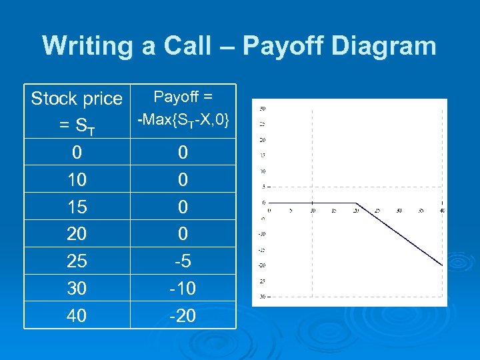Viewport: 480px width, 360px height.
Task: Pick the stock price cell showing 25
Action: point(77,261)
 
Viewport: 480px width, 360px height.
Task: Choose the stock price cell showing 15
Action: point(77,207)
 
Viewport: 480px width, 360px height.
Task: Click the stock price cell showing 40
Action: point(77,315)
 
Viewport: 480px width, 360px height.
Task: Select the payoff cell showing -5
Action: point(183,261)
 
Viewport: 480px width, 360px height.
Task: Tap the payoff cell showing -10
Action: point(183,288)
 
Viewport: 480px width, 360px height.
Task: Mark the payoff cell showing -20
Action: point(183,315)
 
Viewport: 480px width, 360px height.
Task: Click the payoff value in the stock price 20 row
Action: point(183,234)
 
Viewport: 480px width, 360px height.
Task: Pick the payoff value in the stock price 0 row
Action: point(183,153)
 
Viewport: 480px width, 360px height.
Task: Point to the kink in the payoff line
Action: point(355,203)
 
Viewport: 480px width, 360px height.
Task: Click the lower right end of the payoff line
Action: point(442,265)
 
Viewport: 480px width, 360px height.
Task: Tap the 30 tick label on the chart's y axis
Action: point(263,108)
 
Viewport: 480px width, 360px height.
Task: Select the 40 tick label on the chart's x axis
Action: point(442,210)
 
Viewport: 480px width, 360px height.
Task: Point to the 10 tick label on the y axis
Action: point(263,171)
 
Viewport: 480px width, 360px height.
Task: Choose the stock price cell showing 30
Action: point(77,288)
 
